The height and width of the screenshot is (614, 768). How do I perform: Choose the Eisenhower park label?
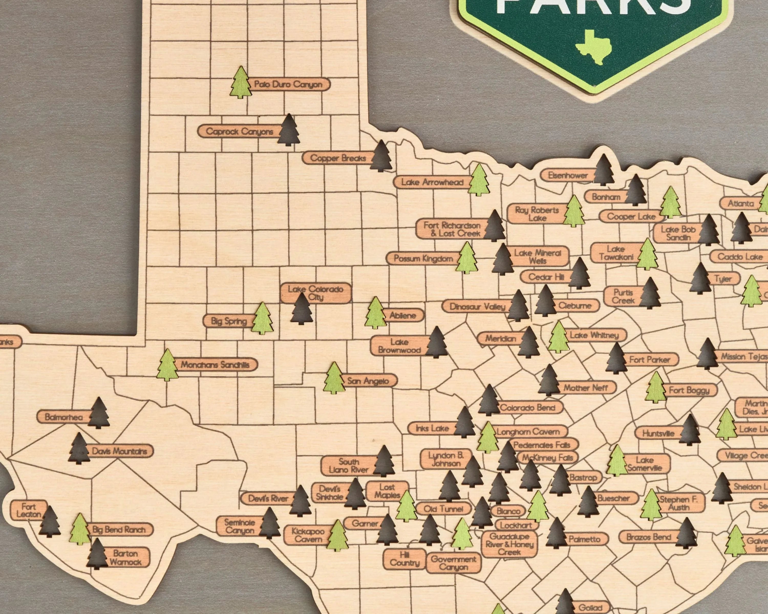coord(568,175)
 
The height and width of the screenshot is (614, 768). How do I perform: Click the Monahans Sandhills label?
coord(215,365)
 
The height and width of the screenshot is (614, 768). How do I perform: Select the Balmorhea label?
coord(64,417)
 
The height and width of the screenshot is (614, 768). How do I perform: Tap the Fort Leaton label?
coord(28,510)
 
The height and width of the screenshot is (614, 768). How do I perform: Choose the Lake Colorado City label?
coord(316,293)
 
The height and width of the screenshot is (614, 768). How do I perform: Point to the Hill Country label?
coord(404,558)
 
